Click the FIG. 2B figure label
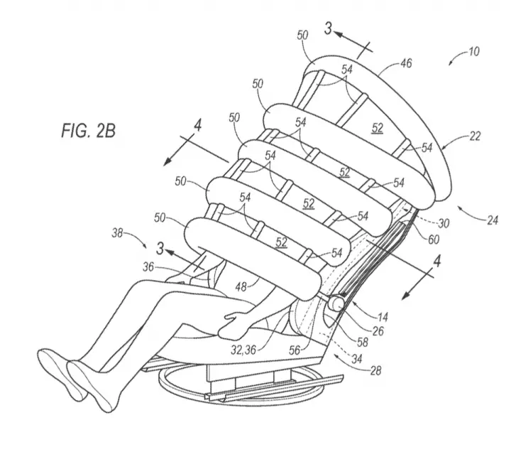click(x=88, y=131)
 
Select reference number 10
click(x=473, y=52)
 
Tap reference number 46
click(x=406, y=63)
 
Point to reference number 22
click(x=474, y=136)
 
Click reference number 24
click(x=493, y=220)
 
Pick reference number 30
click(x=444, y=223)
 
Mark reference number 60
click(x=434, y=240)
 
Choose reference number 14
click(x=383, y=317)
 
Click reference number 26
click(x=378, y=331)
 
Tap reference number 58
click(x=362, y=342)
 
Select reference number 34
click(x=357, y=359)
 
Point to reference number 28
click(x=375, y=370)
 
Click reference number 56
click(x=295, y=350)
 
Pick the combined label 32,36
click(x=243, y=350)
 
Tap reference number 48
click(x=241, y=287)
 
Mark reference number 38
click(x=117, y=233)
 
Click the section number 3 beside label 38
click(x=160, y=249)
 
